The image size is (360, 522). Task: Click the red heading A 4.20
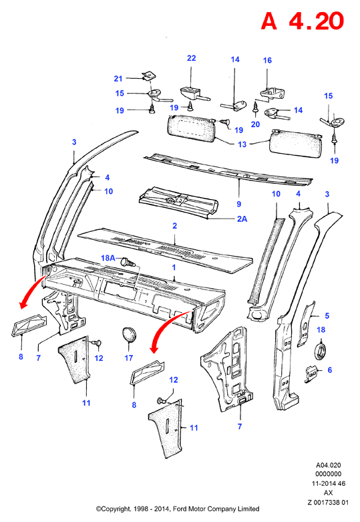[302, 21]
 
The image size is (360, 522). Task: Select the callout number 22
[191, 58]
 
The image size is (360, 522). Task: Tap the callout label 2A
[242, 219]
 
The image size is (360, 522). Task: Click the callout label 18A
[108, 258]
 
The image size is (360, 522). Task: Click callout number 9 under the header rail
[239, 204]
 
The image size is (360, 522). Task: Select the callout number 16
[267, 60]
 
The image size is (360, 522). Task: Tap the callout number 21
[118, 79]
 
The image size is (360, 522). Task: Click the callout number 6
[329, 370]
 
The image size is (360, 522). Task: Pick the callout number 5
[327, 315]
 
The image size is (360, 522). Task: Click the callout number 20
[255, 124]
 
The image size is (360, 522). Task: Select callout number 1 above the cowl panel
[174, 267]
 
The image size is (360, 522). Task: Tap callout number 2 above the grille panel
[175, 226]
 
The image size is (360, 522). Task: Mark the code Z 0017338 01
[328, 503]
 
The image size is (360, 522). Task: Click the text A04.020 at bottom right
[328, 465]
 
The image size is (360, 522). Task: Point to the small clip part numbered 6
[312, 374]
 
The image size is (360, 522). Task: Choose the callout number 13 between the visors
[242, 144]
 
